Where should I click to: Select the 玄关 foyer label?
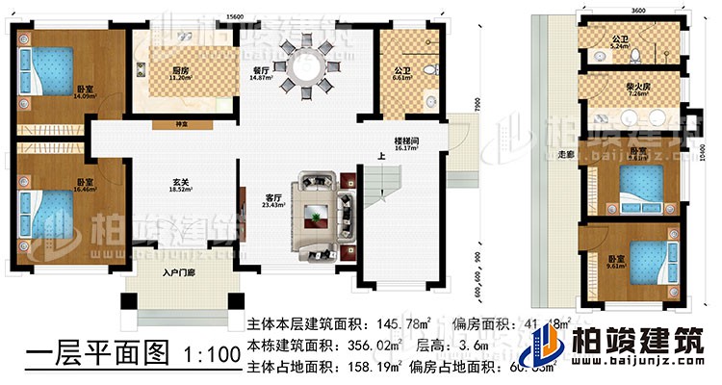pos(175,189)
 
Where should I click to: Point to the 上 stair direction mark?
pos(382,160)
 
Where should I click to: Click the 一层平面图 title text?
pos(83,354)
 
